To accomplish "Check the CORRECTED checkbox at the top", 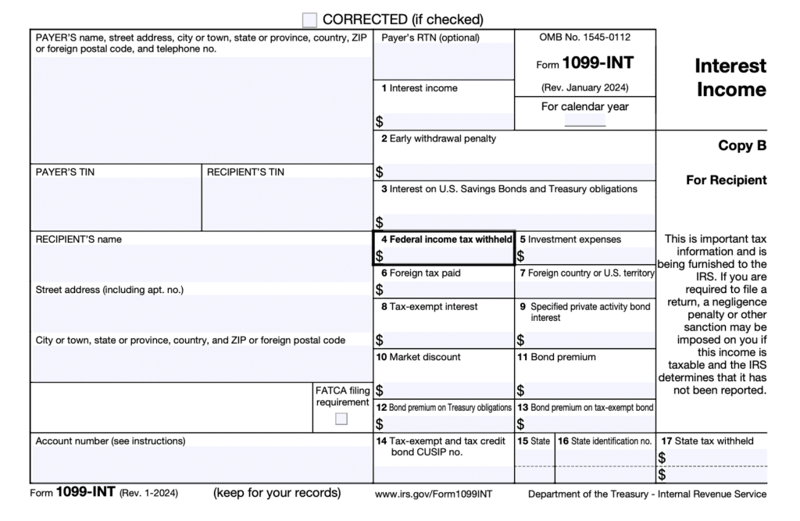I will [x=310, y=20].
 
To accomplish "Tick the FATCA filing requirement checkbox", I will [x=341, y=419].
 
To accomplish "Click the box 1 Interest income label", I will [x=420, y=88].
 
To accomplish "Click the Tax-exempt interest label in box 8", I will [x=429, y=307].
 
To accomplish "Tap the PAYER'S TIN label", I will [x=66, y=172].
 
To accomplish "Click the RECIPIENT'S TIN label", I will [x=245, y=172].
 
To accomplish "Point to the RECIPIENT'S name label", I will [x=79, y=239].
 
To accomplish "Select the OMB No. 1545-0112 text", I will [x=584, y=37].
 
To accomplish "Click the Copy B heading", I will [x=742, y=145].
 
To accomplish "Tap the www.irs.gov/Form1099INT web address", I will [x=434, y=494].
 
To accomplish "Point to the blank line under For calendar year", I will [x=584, y=124].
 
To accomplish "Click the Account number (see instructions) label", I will [x=110, y=441].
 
